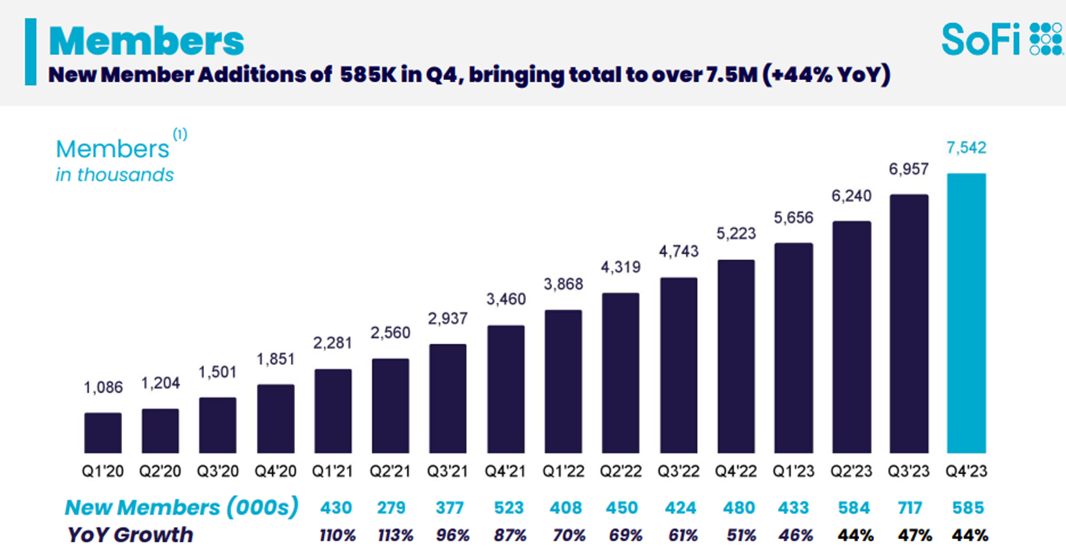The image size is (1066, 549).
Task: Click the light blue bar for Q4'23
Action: click(966, 313)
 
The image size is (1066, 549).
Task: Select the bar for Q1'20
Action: click(102, 433)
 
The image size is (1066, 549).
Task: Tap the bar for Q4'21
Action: click(506, 390)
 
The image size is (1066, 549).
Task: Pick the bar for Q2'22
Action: click(621, 373)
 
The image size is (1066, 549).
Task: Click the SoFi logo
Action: click(1001, 39)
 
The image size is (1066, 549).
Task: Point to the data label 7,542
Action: click(966, 148)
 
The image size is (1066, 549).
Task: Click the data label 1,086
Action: click(103, 388)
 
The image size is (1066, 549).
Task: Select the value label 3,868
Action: click(563, 284)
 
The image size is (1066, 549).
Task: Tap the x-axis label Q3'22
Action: click(678, 472)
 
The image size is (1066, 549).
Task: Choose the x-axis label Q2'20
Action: click(160, 472)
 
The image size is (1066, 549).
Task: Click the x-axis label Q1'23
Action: click(793, 472)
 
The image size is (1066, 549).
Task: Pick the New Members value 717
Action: click(910, 507)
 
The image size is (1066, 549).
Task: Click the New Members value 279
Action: click(391, 507)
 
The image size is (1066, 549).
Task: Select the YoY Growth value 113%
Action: click(395, 535)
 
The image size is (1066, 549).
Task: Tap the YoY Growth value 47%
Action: click(915, 535)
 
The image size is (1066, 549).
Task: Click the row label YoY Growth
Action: click(130, 535)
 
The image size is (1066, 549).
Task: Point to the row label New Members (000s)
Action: click(181, 507)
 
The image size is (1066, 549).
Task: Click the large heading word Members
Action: click(146, 41)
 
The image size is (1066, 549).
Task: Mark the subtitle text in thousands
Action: click(114, 175)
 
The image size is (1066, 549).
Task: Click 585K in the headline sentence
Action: click(367, 75)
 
